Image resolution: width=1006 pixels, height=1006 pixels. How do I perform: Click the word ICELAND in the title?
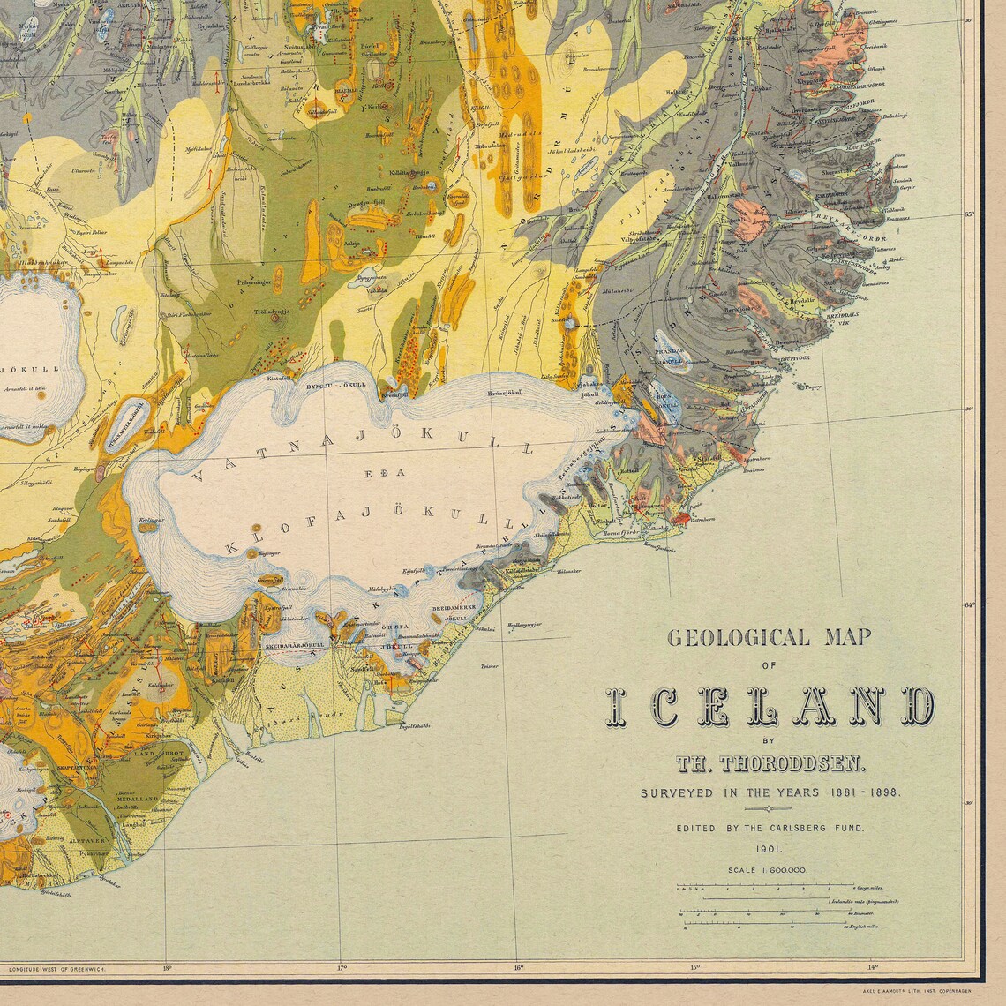(769, 706)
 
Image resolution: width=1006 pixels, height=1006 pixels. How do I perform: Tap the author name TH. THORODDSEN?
(770, 762)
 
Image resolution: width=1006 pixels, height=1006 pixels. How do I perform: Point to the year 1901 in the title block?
(767, 849)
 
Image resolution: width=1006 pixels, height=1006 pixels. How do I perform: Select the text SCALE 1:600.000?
(767, 870)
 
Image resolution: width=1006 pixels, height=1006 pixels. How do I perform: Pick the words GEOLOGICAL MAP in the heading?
(769, 637)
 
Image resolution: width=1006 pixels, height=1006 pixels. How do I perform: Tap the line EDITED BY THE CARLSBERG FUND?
(770, 829)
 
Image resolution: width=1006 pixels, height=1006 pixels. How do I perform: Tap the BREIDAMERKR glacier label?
(454, 609)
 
